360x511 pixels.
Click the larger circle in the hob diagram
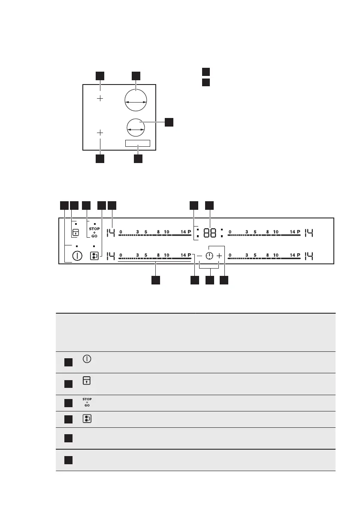135,102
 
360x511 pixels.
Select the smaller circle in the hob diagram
136,128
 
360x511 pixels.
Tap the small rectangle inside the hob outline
138,143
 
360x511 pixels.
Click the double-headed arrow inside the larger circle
135,103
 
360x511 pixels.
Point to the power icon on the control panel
77,256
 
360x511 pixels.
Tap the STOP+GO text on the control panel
94,232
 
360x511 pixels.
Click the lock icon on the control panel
76,233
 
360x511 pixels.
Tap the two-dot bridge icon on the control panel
94,256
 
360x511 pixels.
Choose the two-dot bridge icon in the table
87,419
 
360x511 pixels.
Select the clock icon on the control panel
209,256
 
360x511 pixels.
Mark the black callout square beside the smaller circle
169,122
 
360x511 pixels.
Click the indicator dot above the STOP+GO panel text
94,224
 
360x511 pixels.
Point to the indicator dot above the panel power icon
77,246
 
